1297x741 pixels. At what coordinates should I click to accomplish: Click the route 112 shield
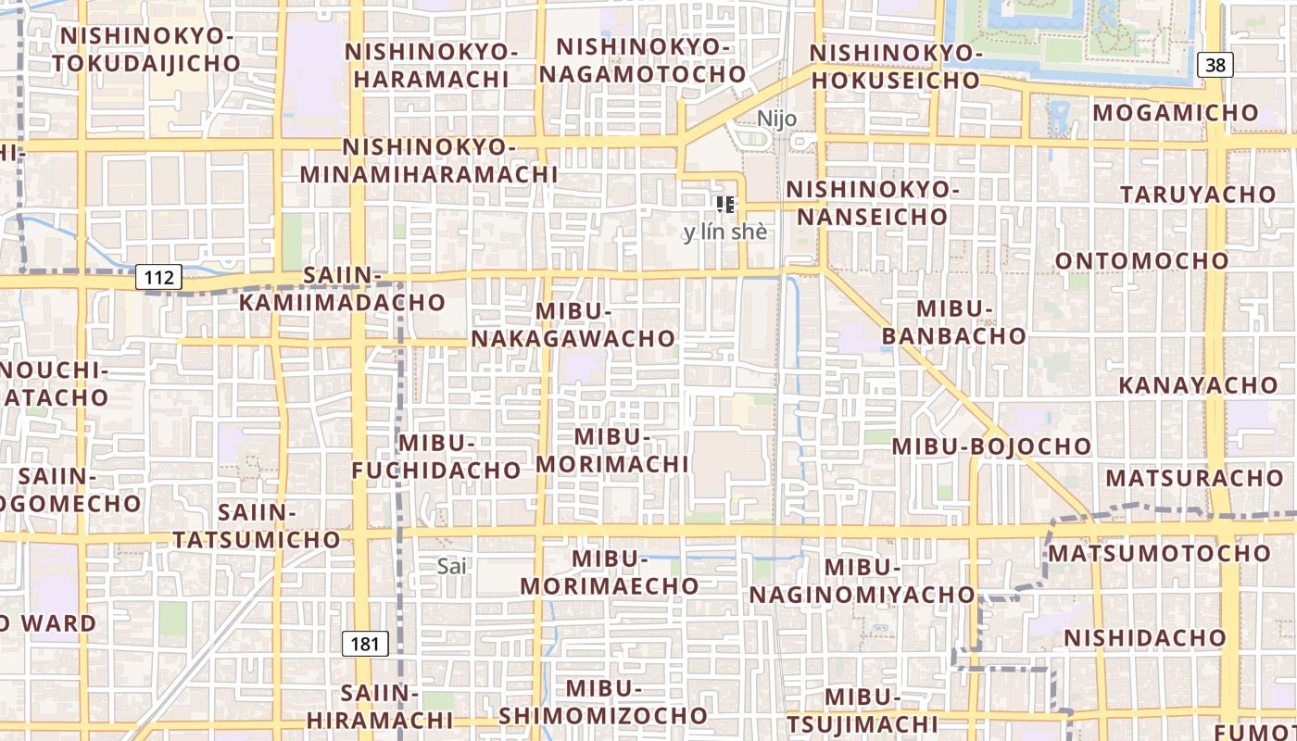pos(158,277)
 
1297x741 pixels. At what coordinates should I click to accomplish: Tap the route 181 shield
pos(365,644)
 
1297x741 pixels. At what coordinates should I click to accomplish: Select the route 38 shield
pos(1215,65)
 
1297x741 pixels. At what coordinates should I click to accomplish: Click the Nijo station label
pos(776,119)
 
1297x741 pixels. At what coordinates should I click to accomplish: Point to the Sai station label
pos(451,566)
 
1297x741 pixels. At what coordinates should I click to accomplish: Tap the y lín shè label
pos(725,232)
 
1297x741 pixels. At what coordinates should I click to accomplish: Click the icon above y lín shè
pos(725,205)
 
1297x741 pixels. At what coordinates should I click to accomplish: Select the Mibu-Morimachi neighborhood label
pos(612,450)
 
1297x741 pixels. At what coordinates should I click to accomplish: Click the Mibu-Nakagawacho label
pos(573,325)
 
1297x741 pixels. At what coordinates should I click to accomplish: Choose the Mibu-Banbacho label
pos(954,321)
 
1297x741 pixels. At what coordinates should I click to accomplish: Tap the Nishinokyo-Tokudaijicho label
pos(146,49)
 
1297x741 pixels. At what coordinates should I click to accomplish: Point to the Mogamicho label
pos(1176,113)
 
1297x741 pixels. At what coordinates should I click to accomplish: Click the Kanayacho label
pos(1197,384)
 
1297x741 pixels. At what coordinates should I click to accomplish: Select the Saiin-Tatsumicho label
pos(257,525)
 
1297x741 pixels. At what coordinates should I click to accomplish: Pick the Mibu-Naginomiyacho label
pos(863,581)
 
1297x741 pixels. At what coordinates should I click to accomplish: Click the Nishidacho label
pos(1145,638)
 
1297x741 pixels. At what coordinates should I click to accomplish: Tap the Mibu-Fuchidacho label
pos(436,457)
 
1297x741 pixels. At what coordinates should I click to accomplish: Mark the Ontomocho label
pos(1142,261)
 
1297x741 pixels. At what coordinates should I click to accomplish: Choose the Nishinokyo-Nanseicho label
pos(873,203)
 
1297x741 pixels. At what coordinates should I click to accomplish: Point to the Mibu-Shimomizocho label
pos(603,702)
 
